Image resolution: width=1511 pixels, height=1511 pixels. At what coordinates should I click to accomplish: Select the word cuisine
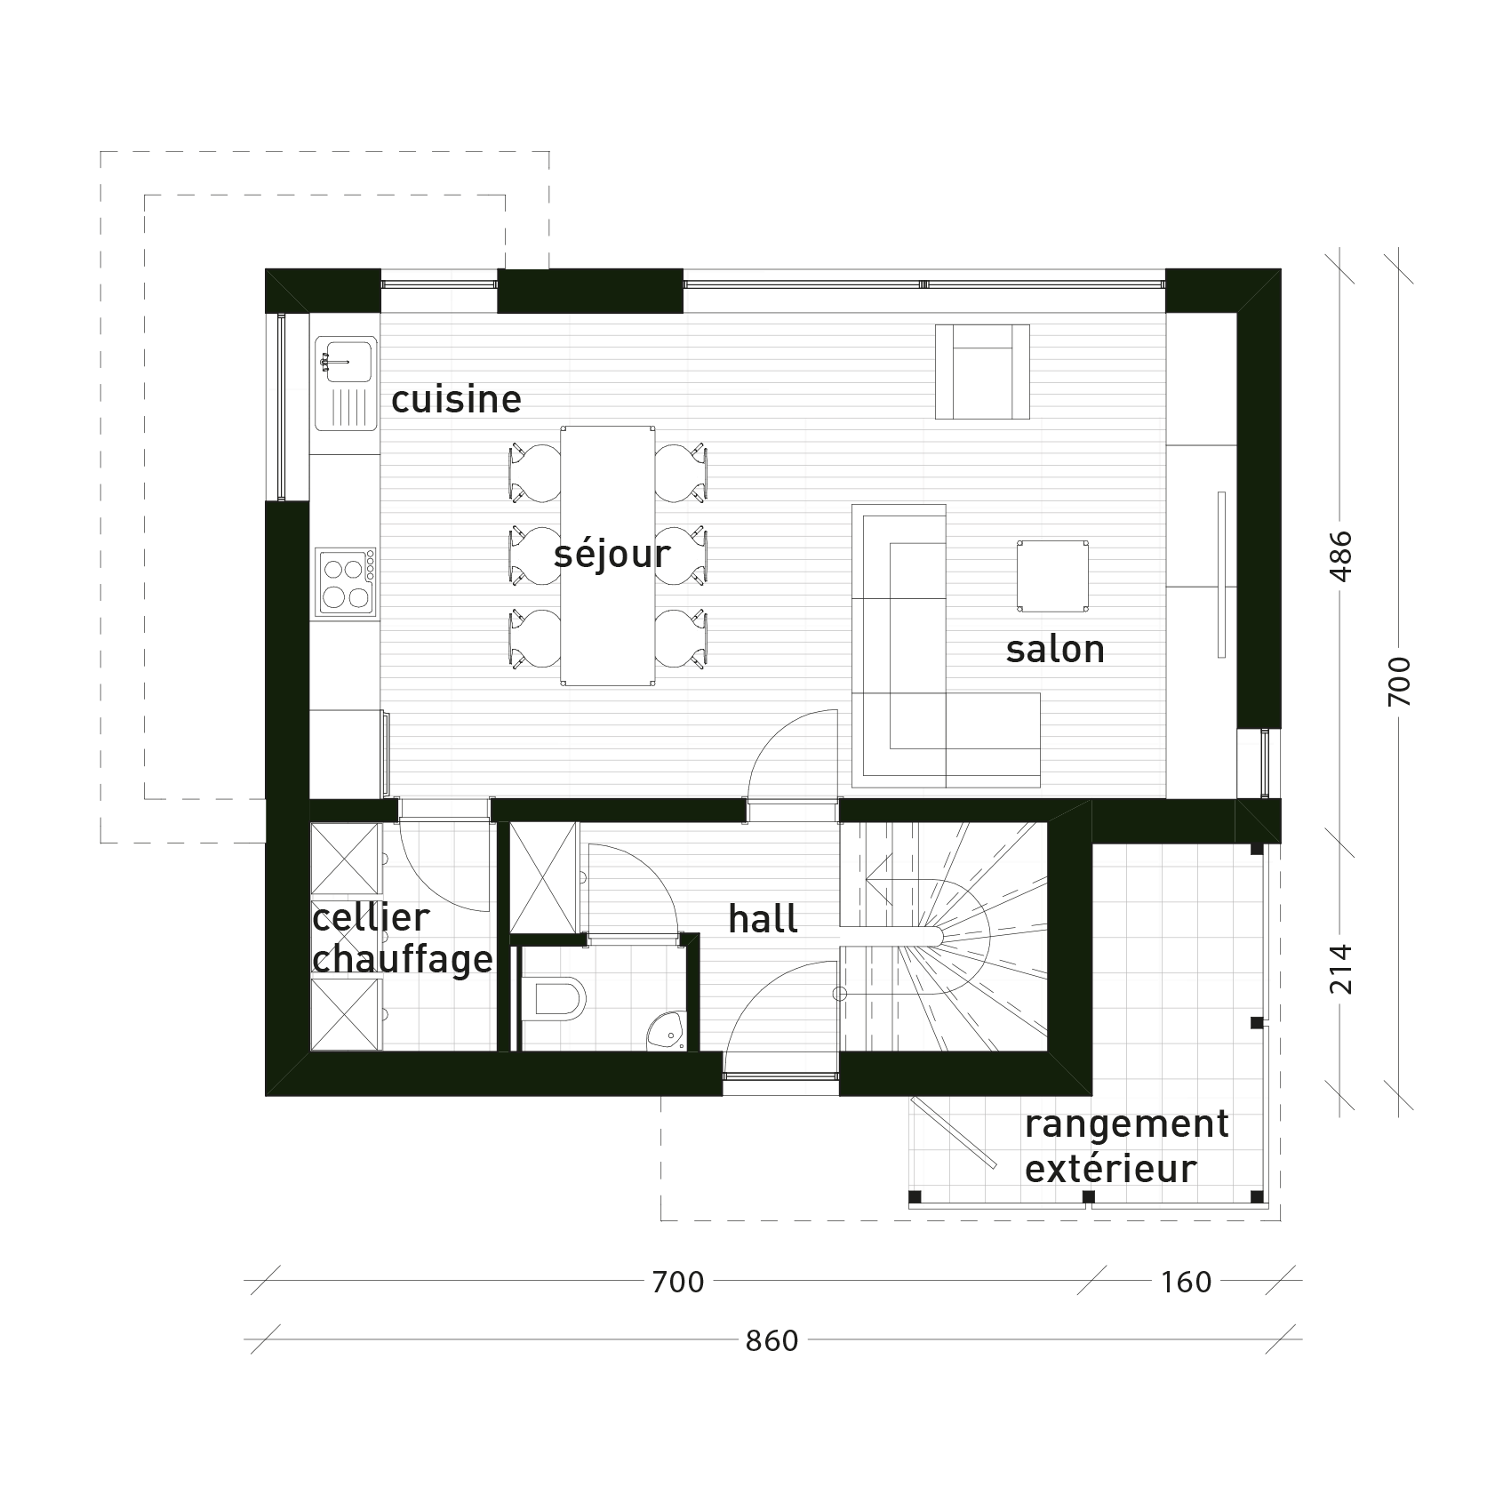click(456, 399)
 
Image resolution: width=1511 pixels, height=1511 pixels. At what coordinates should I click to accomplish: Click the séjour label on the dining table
click(612, 556)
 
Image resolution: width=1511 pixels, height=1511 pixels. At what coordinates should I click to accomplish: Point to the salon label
click(1055, 649)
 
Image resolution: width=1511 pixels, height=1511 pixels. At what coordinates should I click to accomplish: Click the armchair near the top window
click(982, 371)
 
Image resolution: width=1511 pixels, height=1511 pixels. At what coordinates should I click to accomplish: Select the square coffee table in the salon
click(1053, 575)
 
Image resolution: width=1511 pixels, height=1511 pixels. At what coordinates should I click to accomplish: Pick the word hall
click(763, 919)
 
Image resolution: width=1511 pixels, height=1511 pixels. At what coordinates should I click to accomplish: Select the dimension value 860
click(772, 1341)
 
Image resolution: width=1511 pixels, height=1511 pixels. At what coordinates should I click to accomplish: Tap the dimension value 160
click(1187, 1283)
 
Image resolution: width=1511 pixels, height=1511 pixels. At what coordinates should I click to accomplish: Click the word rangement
click(1126, 1124)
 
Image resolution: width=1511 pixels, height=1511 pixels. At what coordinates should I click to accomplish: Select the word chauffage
click(403, 960)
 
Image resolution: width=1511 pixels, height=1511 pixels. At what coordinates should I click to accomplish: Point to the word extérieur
click(1110, 1168)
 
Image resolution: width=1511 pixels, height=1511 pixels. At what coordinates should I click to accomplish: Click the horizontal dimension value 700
click(677, 1283)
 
